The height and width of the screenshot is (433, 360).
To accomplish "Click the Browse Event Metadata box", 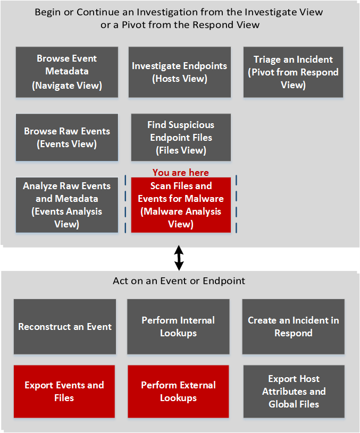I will pyautogui.click(x=67, y=72).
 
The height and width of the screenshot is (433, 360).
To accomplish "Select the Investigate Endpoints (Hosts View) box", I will pyautogui.click(x=180, y=72).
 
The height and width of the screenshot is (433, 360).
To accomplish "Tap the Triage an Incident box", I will pyautogui.click(x=293, y=72).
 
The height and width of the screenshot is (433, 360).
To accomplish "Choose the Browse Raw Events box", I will pyautogui.click(x=67, y=137).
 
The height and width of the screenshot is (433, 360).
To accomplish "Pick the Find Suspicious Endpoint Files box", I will pyautogui.click(x=181, y=137).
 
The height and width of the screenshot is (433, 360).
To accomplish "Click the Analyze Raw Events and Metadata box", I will pyautogui.click(x=67, y=205).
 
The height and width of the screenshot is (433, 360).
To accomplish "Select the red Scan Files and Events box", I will pyautogui.click(x=181, y=205).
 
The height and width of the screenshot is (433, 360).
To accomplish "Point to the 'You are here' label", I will pyautogui.click(x=180, y=173).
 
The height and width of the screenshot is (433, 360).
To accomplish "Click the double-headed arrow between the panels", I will pyautogui.click(x=180, y=257).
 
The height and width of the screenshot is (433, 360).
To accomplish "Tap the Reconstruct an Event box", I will pyautogui.click(x=65, y=327).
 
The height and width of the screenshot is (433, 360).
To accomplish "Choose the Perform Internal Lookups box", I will pyautogui.click(x=178, y=327).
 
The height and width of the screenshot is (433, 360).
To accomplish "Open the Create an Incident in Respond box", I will pyautogui.click(x=293, y=327).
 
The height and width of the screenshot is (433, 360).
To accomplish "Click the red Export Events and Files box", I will pyautogui.click(x=64, y=392).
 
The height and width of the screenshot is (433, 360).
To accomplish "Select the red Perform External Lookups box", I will pyautogui.click(x=178, y=392).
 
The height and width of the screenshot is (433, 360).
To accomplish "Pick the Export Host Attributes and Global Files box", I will pyautogui.click(x=294, y=392).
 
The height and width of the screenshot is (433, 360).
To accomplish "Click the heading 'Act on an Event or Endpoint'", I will pyautogui.click(x=179, y=281).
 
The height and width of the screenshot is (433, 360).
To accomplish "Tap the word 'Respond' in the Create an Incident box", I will pyautogui.click(x=293, y=333).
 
